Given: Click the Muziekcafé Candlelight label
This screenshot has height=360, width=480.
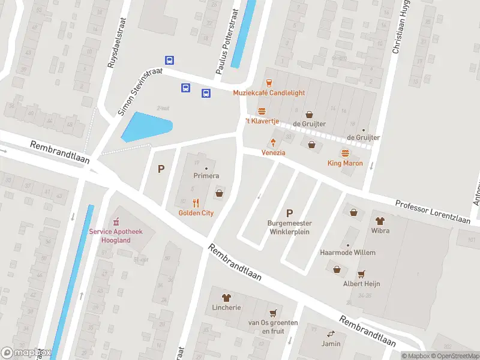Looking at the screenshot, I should point(269,93).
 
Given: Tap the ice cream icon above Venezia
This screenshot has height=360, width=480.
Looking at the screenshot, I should point(273,143).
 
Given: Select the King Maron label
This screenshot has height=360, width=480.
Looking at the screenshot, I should point(345,163).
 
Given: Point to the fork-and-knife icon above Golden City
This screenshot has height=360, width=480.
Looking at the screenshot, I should point(196,203).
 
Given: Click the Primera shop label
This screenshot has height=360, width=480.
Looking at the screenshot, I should point(206,176).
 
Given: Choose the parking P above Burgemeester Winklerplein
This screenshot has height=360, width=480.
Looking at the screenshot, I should point(290,212).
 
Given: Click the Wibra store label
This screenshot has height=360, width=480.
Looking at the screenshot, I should point(380,230).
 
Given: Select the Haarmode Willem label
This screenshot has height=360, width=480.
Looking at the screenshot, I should point(348,253).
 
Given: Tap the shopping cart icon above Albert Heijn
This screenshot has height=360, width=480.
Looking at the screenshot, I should point(361,274).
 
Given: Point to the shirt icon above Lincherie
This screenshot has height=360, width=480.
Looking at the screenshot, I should point(226,297).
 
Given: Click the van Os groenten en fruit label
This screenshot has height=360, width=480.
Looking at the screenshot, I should point(273,326).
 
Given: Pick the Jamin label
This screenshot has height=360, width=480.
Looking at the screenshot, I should point(330,344).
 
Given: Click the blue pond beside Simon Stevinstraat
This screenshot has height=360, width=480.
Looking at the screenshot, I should point(145,127).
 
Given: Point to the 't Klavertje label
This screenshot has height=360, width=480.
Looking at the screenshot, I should point(262,121).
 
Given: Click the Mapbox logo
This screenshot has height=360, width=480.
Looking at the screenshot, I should point(26,353).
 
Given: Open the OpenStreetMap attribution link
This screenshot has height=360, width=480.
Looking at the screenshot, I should point(455,356).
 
